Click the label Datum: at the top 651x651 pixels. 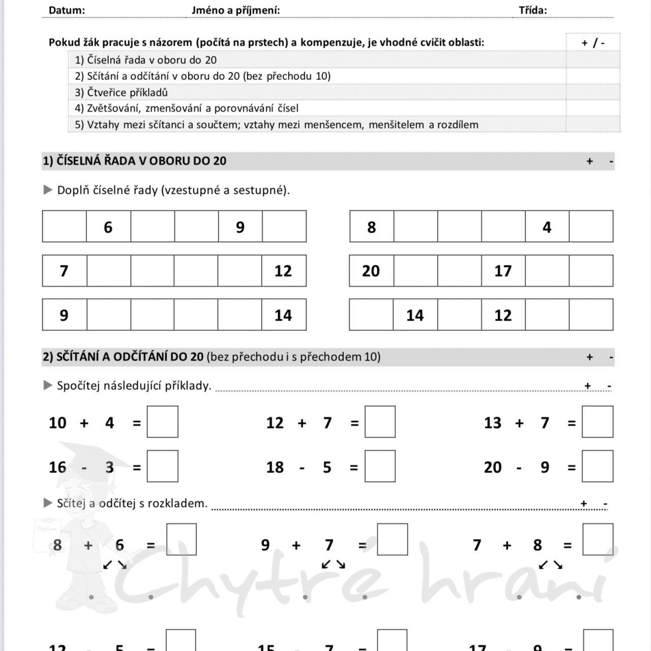67,10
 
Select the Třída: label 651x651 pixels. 532,10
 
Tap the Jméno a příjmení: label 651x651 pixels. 235,10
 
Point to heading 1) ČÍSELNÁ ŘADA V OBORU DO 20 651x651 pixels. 135,161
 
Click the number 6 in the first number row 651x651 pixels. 108,227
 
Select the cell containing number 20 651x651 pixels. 371,271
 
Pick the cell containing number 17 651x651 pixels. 503,271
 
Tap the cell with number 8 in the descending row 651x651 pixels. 372,227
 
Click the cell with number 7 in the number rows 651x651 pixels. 64,271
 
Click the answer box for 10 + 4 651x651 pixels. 163,422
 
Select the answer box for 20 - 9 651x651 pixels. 598,466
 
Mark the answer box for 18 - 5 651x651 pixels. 380,466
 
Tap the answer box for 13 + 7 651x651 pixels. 598,422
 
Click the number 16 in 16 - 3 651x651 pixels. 57,467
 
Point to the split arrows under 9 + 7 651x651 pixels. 334,565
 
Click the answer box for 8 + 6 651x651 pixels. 182,540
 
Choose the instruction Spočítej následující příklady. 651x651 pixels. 134,386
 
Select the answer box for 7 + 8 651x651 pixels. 598,540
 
